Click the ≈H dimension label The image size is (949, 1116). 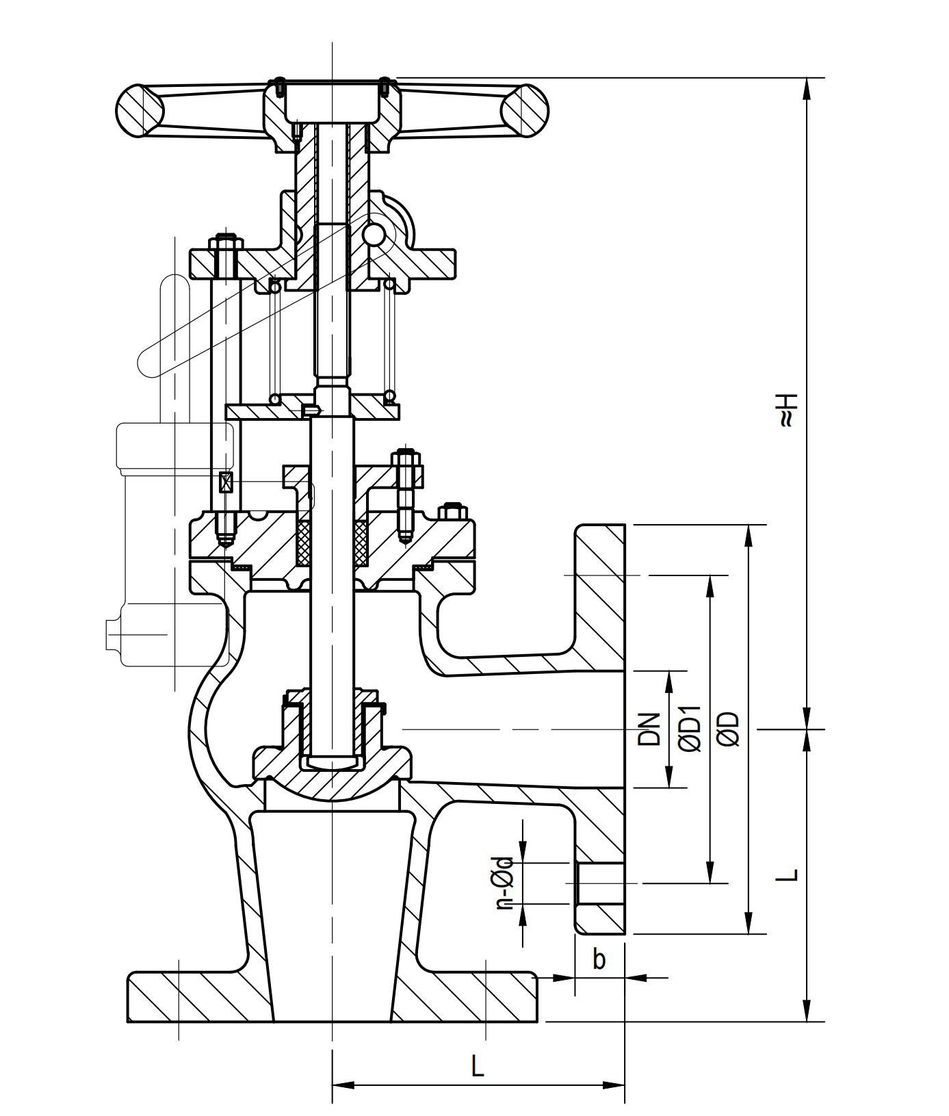[788, 409]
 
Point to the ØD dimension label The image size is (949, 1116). [729, 728]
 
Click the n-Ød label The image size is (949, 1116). [504, 882]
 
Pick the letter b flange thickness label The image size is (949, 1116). [599, 959]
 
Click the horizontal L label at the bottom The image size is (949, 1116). [478, 1065]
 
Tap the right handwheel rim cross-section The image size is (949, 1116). [525, 110]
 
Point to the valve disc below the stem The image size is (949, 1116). [333, 773]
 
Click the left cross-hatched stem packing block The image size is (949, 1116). [304, 543]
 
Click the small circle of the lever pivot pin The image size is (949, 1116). [374, 235]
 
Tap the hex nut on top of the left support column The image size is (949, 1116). [226, 244]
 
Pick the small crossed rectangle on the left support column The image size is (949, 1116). [226, 482]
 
